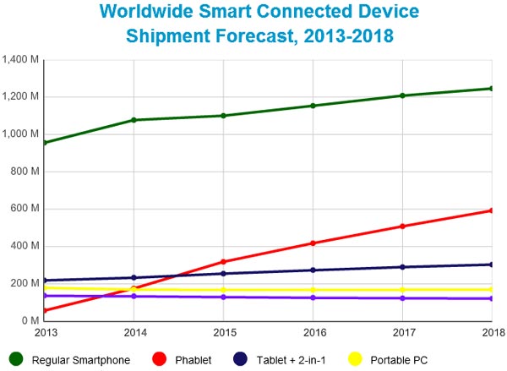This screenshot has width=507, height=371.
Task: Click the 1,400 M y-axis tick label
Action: (x=23, y=59)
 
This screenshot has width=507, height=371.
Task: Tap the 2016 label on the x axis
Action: (x=313, y=333)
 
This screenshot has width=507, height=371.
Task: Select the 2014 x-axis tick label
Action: (x=134, y=333)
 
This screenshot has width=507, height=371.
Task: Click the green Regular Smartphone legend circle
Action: (x=14, y=359)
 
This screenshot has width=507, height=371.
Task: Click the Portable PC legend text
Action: (x=405, y=360)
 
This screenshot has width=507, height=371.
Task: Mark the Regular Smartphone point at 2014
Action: (x=134, y=120)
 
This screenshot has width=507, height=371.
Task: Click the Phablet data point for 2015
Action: (x=223, y=262)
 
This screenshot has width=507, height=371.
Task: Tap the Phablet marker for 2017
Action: (x=402, y=226)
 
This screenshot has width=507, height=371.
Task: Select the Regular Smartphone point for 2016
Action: (x=313, y=106)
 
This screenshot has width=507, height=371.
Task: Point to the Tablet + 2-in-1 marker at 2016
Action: (x=313, y=270)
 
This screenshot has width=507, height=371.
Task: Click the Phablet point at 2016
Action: (x=313, y=243)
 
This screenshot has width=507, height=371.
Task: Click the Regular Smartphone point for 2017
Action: (x=402, y=95)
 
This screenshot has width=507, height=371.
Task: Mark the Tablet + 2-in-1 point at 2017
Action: (x=402, y=267)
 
